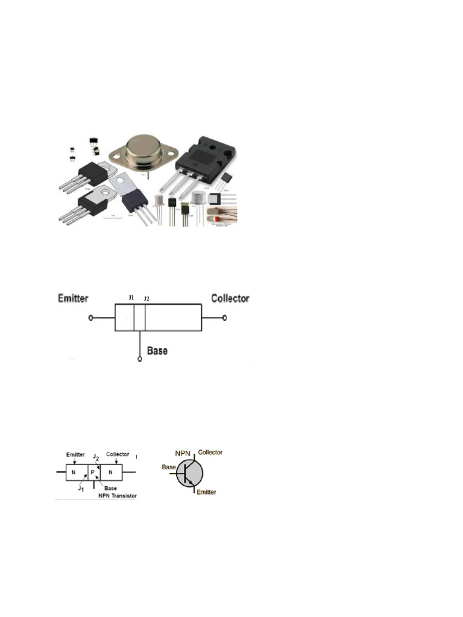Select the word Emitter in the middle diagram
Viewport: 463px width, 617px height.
point(74,298)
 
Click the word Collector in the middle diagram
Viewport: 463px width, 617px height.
point(230,298)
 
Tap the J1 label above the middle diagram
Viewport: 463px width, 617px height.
point(132,298)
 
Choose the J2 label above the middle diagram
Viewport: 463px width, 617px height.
point(146,298)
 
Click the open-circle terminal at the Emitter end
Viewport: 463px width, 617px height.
point(90,318)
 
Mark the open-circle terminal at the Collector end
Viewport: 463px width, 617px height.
point(225,318)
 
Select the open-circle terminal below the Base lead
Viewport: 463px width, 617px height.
point(140,359)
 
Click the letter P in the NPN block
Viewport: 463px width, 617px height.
point(92,472)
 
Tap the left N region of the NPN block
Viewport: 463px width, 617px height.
point(74,472)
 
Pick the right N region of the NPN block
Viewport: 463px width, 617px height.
point(110,472)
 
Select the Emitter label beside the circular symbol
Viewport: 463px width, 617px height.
point(205,492)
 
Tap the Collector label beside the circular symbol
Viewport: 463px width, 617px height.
point(210,452)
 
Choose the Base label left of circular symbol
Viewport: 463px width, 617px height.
point(168,466)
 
